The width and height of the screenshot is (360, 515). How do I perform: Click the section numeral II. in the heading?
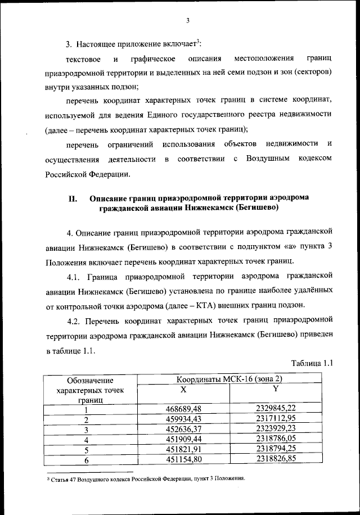[71, 198]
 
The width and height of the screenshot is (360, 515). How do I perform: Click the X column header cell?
[183, 389]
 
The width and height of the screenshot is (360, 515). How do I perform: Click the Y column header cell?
[275, 389]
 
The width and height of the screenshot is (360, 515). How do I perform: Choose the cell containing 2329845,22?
[275, 409]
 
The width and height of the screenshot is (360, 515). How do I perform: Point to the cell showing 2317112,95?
[275, 419]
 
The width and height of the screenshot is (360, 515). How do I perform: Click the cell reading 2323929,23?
[275, 429]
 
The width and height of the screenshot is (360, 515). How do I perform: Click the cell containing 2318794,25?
[275, 449]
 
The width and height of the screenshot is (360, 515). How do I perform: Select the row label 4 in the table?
[86, 440]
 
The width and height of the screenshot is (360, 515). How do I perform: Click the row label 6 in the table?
[86, 460]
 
